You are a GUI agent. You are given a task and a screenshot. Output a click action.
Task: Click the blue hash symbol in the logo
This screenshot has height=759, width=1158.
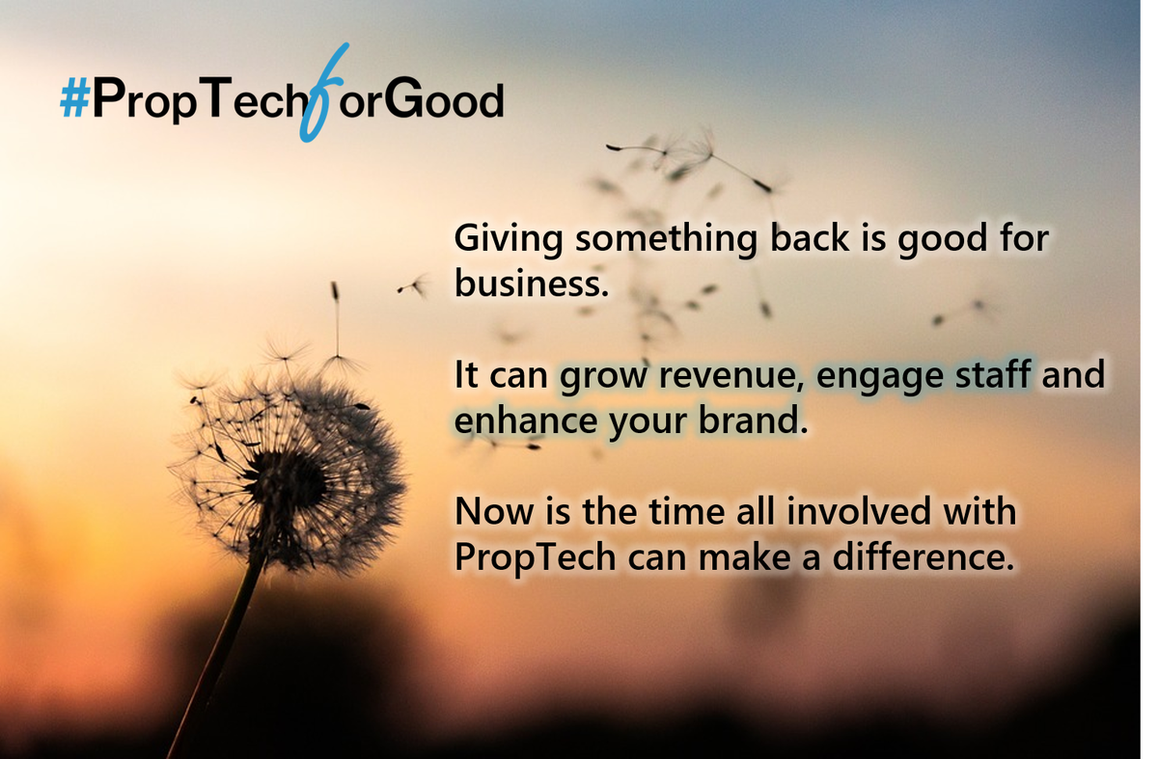(x=74, y=100)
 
